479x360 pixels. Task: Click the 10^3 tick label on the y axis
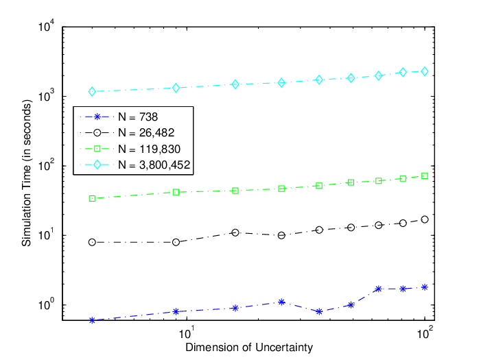[47, 95]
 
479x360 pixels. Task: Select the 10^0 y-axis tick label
[47, 304]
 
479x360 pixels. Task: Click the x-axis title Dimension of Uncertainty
[249, 348]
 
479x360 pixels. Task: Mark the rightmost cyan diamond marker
[425, 71]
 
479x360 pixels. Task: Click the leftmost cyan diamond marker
[92, 91]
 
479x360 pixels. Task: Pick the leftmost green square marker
[92, 198]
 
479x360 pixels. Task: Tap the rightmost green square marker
[425, 176]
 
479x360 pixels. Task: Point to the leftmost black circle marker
[92, 242]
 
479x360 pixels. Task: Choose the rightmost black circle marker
[425, 219]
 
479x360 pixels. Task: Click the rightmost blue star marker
[425, 287]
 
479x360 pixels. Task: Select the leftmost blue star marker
[92, 320]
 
